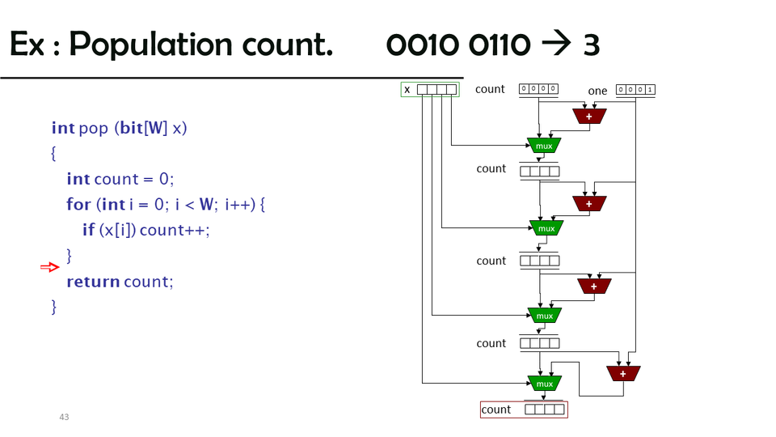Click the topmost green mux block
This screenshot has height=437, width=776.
pos(544,146)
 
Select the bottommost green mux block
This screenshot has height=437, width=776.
pos(545,383)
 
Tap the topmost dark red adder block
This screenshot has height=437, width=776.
pos(589,117)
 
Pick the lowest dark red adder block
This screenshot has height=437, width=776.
pos(623,373)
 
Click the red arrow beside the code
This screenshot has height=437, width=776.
pos(49,267)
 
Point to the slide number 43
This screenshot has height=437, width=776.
pos(64,417)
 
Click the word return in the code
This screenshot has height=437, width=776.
pos(93,282)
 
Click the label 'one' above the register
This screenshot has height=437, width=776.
pos(597,91)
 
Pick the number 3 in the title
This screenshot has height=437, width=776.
pos(591,45)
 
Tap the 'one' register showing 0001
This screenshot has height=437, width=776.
pos(635,90)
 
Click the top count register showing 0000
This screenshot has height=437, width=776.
pos(538,89)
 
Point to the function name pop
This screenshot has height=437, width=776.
pos(94,128)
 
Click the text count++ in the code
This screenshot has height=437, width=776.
pos(175,230)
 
